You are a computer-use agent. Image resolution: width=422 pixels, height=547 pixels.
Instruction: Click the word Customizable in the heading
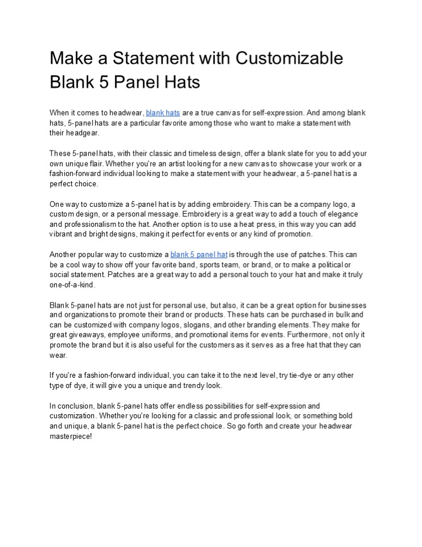[x=289, y=59]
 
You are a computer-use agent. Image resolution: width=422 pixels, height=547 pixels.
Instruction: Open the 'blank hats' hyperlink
[x=163, y=113]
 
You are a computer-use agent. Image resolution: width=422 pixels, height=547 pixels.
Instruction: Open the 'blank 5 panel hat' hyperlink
[x=199, y=254]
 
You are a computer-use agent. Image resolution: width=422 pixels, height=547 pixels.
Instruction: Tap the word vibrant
[x=62, y=234]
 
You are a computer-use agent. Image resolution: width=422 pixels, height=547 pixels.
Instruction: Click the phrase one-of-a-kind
[x=72, y=284]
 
